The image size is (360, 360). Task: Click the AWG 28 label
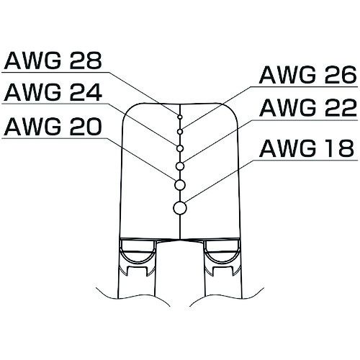tap(53, 60)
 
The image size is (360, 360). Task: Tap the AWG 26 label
tap(308, 75)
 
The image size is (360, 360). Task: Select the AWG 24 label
tap(53, 92)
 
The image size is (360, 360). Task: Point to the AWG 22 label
tap(308, 107)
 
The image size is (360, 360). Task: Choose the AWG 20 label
tap(53, 126)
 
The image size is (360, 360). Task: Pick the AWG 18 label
tap(307, 148)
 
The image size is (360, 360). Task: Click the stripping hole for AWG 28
tap(180, 117)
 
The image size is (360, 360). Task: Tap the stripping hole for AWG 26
tap(180, 132)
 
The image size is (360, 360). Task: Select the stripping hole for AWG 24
tap(180, 148)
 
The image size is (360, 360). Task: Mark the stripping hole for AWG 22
tap(180, 166)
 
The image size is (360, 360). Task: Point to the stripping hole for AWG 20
tap(180, 185)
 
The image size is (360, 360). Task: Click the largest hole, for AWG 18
tap(180, 208)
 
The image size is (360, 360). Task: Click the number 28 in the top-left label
tap(85, 60)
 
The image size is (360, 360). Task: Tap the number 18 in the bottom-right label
tap(338, 148)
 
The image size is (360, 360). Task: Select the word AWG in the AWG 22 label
tap(287, 107)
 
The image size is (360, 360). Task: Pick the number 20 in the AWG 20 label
tap(85, 126)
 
